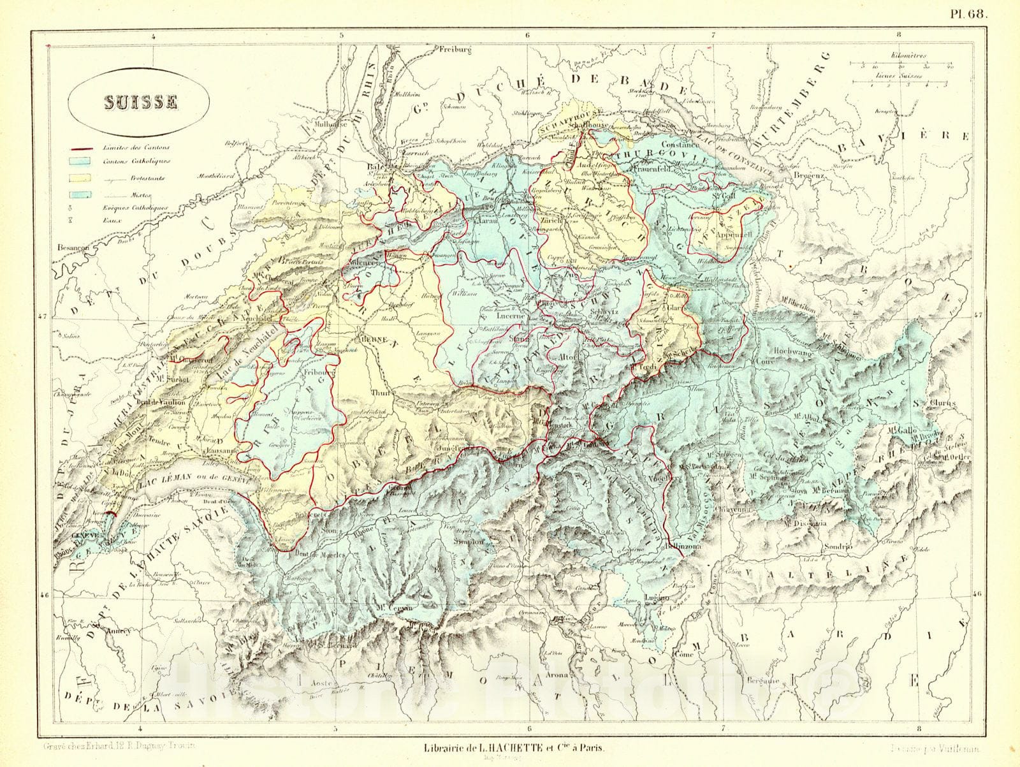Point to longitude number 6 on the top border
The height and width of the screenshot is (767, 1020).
[x=527, y=36]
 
